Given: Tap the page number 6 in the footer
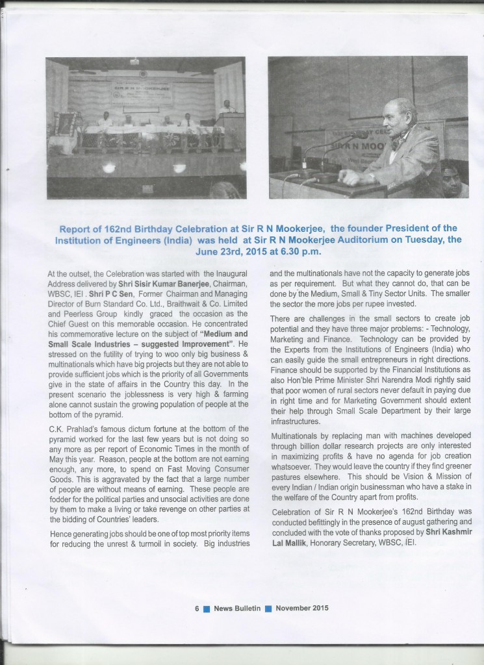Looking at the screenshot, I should coord(196,609).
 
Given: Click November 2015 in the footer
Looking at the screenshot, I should coord(301,609).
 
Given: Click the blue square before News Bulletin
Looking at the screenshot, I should coord(207,609).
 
